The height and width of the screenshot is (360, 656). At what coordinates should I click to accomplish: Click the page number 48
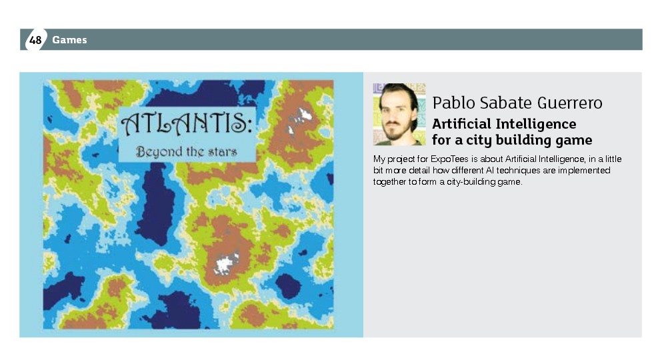click(35, 40)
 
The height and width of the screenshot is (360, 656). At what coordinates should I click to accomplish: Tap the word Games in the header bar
click(69, 40)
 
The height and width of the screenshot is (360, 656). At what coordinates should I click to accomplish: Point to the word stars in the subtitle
click(223, 151)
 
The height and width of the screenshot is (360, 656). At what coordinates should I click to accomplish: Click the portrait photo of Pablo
click(399, 114)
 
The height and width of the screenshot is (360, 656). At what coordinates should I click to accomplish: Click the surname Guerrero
click(569, 103)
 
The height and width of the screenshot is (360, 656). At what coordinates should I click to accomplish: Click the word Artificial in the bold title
click(461, 124)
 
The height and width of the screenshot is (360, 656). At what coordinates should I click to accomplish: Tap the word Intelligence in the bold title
click(536, 124)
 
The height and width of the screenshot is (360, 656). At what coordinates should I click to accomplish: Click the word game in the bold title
click(574, 141)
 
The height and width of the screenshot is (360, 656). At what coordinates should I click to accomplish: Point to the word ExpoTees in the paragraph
click(449, 159)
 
